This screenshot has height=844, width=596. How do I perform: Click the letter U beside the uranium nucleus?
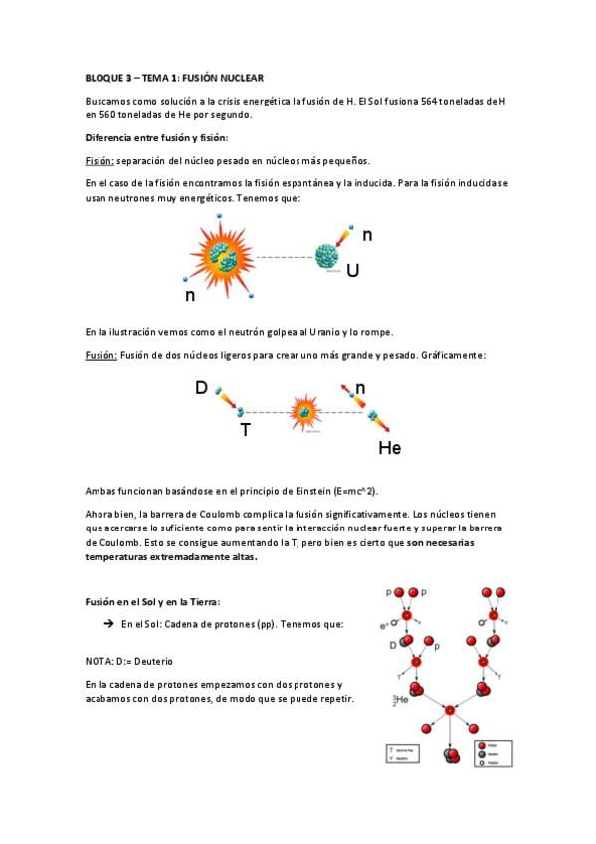pos(352,269)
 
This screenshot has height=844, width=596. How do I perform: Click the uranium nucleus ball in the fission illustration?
pos(327,257)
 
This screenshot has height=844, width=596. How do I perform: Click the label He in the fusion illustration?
pos(389,448)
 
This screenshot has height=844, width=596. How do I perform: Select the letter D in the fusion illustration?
pos(201,388)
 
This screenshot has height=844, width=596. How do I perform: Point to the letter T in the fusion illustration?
pos(244,430)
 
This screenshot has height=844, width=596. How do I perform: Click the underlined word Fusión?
pos(101,355)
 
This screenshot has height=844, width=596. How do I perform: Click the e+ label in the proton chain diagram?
pos(385,626)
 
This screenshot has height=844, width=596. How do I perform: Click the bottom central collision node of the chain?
pos(450,710)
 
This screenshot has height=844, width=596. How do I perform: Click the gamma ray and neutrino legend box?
pos(408,754)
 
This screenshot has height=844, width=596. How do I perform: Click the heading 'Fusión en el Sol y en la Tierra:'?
pos(152,602)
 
